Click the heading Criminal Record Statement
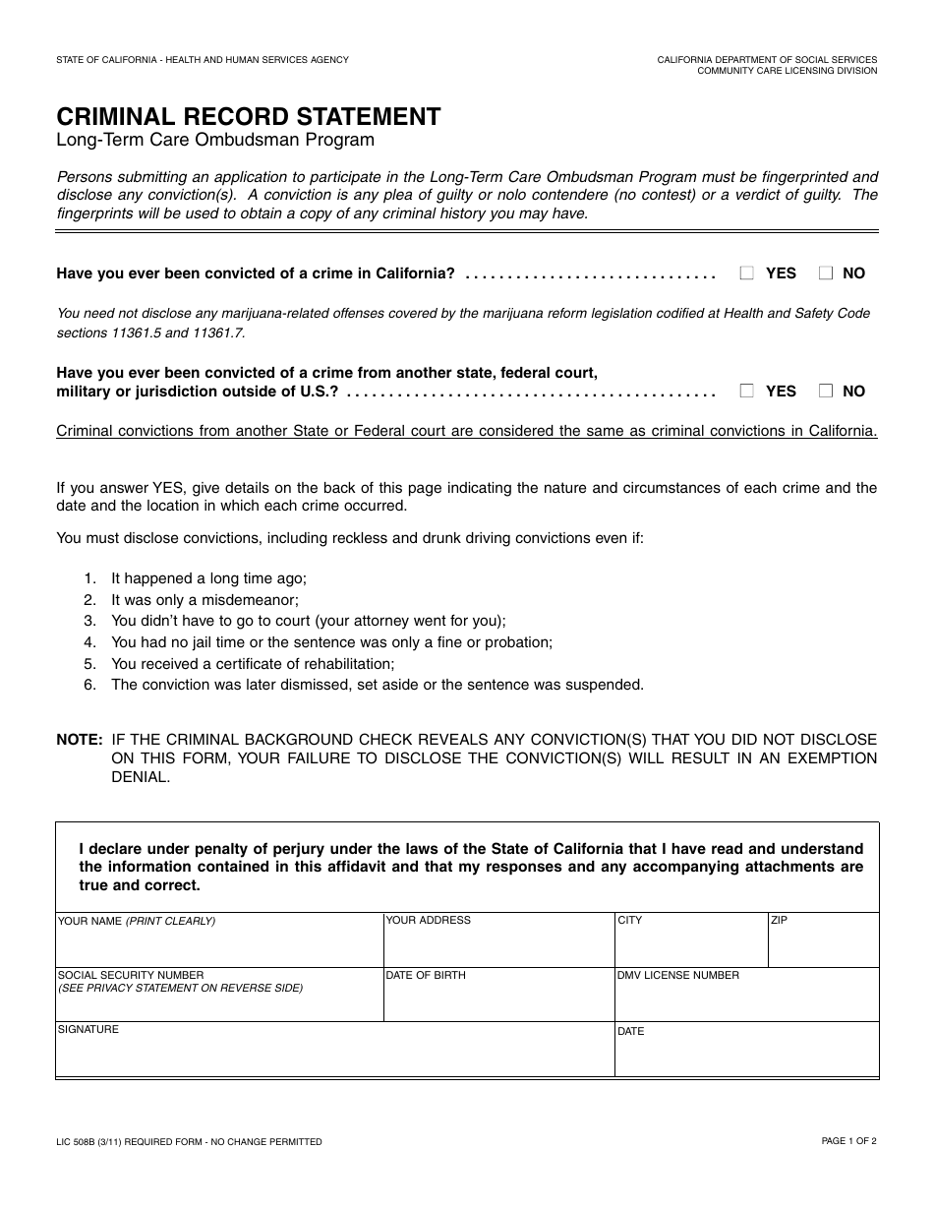[249, 116]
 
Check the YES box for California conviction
[747, 273]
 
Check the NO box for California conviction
[826, 273]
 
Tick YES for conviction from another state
[747, 391]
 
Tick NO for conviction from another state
[826, 391]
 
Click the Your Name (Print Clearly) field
[218, 946]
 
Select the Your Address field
[497, 946]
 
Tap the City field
[690, 946]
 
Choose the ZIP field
[823, 946]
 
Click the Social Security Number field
[218, 1002]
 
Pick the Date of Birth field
[497, 1002]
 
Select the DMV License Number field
[746, 1002]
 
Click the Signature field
[334, 1058]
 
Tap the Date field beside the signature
[746, 1058]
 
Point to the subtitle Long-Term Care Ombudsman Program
[215, 140]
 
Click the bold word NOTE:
[80, 739]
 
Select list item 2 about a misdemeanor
[204, 599]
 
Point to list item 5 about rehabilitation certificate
[253, 664]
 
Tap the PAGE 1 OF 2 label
[848, 1141]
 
